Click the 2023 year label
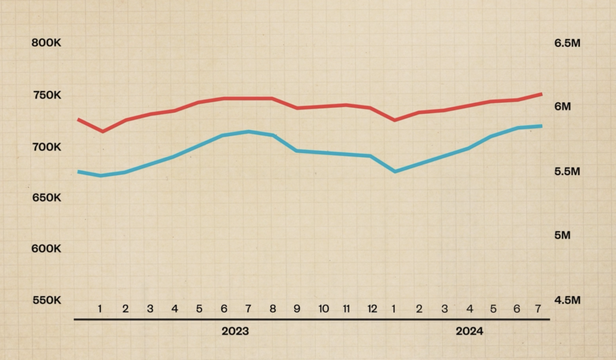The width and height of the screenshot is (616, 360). point(235,331)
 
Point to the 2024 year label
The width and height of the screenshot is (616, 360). point(469,331)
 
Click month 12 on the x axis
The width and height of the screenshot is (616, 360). point(372,309)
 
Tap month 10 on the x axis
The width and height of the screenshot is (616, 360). point(324,309)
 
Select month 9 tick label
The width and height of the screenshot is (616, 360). point(297,309)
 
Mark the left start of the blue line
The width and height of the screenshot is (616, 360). point(79,172)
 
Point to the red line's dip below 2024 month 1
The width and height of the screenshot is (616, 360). point(395,120)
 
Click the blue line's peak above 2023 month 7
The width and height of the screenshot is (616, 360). point(248,131)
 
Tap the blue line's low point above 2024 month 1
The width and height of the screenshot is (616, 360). point(395,172)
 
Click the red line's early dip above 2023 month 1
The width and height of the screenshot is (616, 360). point(103,131)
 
